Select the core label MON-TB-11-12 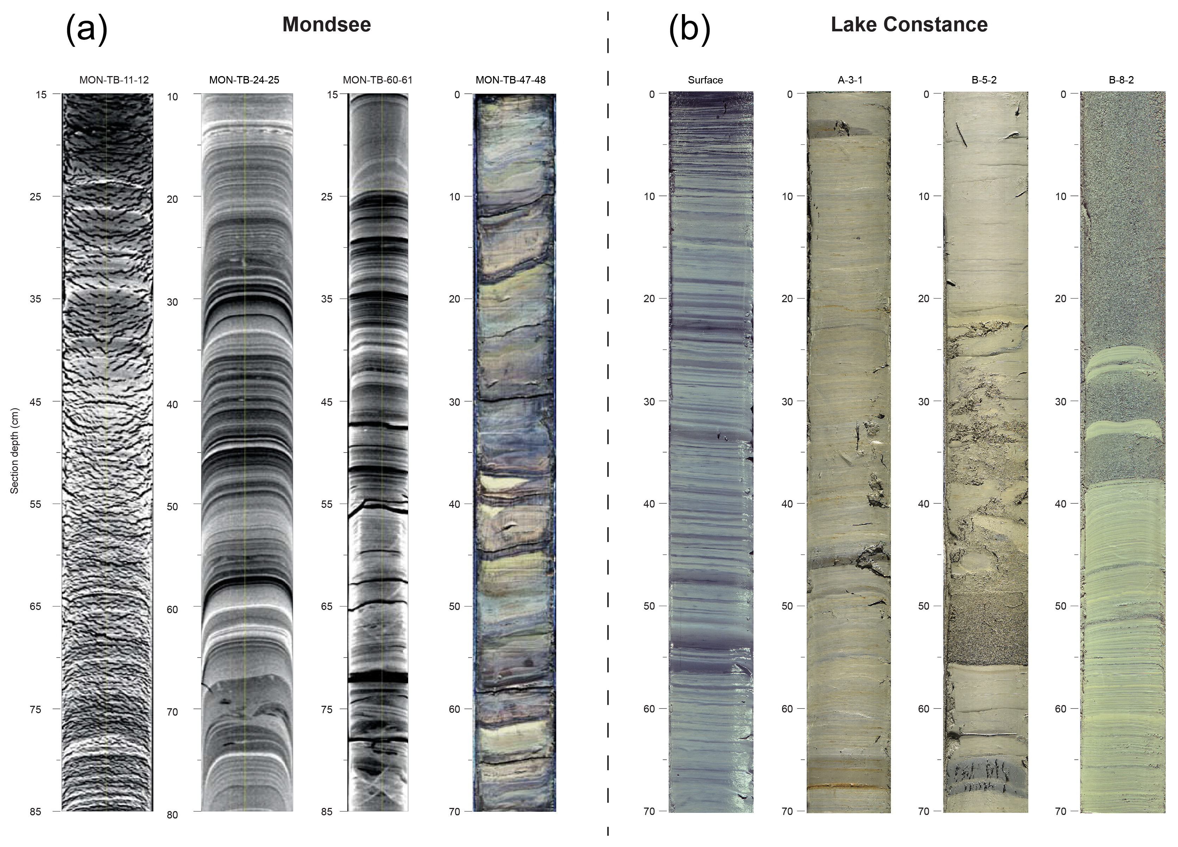[x=114, y=80]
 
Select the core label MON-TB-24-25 [x=244, y=80]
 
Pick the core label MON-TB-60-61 [x=378, y=80]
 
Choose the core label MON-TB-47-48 [x=510, y=80]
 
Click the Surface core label [x=705, y=80]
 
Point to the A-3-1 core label [x=850, y=80]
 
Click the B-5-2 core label [x=984, y=80]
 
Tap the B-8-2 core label [x=1121, y=80]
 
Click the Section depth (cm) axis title [x=14, y=451]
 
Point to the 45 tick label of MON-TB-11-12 [x=35, y=401]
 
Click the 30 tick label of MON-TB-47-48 [x=454, y=401]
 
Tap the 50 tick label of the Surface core [x=649, y=606]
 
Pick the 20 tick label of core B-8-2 [x=1061, y=299]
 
